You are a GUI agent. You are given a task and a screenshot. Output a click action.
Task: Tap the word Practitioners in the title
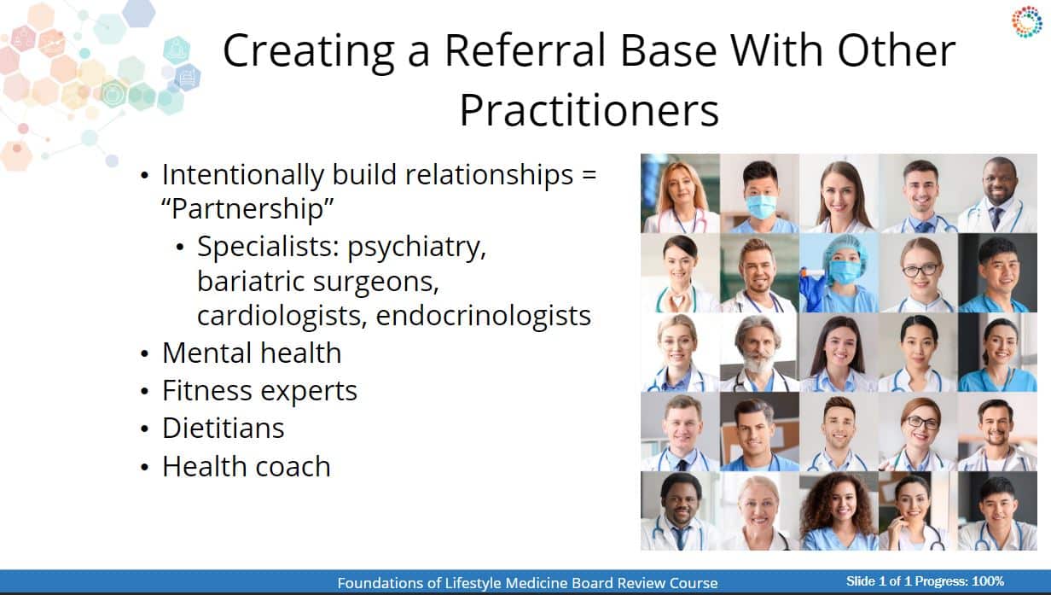589,110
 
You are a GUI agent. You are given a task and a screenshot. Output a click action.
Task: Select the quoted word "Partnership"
247,208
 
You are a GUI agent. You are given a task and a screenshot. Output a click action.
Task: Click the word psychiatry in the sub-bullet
416,247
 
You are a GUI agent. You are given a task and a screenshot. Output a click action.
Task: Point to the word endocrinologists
483,315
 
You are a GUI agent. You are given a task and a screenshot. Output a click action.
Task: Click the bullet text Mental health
252,353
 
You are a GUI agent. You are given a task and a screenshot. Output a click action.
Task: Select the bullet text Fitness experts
259,391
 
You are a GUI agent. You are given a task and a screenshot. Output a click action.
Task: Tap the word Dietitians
224,428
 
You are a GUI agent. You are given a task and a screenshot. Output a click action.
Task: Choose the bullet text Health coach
247,466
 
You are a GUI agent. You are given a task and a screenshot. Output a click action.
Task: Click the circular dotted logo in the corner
1026,21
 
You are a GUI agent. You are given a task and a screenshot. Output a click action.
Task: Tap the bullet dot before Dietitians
144,429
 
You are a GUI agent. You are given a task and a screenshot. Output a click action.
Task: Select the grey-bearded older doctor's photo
759,353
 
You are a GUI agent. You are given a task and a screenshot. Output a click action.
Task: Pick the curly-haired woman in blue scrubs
839,511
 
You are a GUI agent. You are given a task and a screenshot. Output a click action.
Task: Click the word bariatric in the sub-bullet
251,282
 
